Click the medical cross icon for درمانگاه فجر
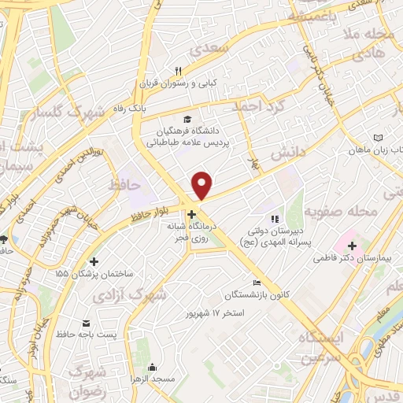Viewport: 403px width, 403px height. [192, 213]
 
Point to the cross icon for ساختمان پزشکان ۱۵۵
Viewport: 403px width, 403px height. [94, 261]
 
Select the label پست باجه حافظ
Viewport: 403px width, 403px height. [110, 335]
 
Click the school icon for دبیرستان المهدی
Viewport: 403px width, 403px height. [274, 219]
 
